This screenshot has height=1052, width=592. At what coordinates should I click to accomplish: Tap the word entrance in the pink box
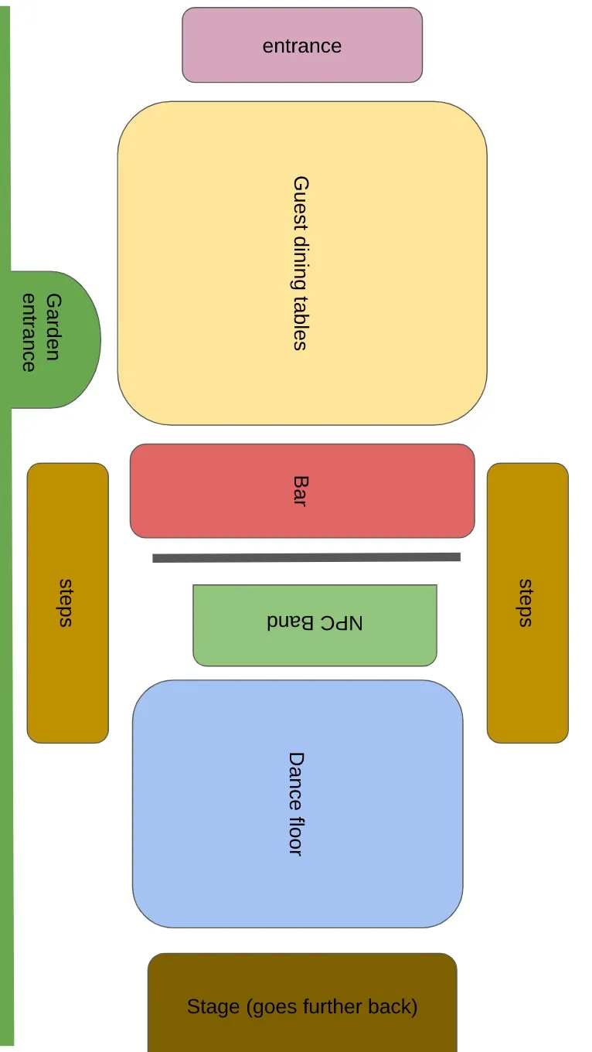coord(302,46)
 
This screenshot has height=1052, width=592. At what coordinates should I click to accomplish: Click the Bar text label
coord(300,491)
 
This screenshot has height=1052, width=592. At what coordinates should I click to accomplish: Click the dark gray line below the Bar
coord(306,557)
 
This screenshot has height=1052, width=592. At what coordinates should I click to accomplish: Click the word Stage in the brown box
coord(213,1006)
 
